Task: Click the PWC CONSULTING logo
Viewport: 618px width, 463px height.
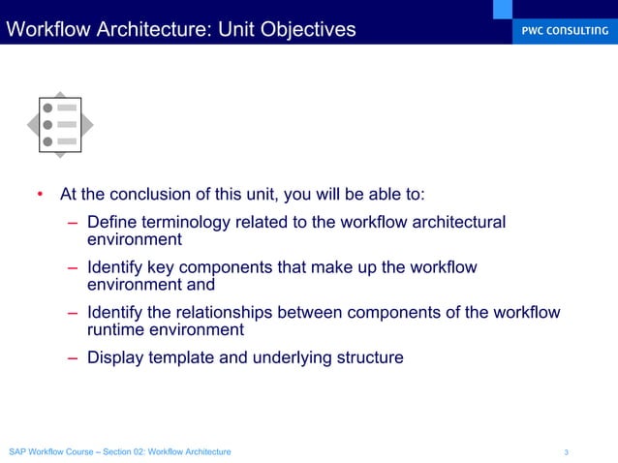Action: pyautogui.click(x=559, y=30)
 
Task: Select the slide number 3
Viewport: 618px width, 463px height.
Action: pyautogui.click(x=566, y=452)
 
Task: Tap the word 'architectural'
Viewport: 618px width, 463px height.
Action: pyautogui.click(x=456, y=223)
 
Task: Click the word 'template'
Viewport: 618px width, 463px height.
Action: pyautogui.click(x=188, y=357)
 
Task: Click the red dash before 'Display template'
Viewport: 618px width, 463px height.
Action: pyautogui.click(x=73, y=357)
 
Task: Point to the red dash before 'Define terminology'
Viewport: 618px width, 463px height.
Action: pyautogui.click(x=73, y=223)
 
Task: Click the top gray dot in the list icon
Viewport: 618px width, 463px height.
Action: pyautogui.click(x=46, y=108)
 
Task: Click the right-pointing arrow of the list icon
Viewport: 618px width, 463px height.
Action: pyautogui.click(x=88, y=124)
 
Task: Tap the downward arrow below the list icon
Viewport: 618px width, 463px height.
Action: pyautogui.click(x=60, y=153)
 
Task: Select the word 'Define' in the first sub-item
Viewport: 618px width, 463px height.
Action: pyautogui.click(x=111, y=223)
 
